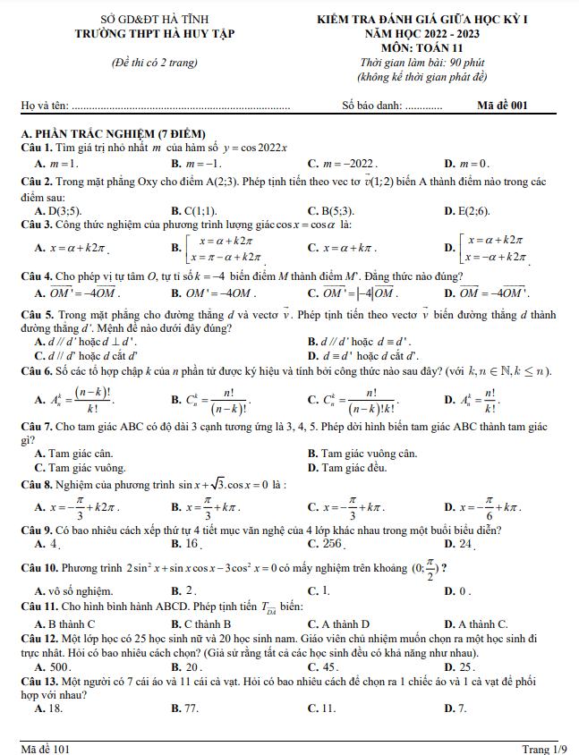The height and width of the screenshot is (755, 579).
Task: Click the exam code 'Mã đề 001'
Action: pos(502,106)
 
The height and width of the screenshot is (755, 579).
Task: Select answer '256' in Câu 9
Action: pos(332,543)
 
